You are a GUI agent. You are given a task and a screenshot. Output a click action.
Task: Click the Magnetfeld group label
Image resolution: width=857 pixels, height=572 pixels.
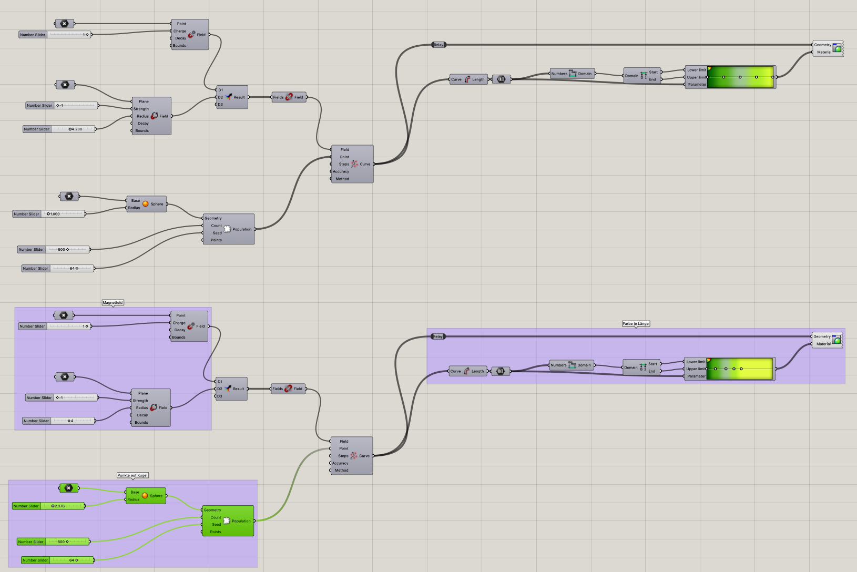[x=113, y=303]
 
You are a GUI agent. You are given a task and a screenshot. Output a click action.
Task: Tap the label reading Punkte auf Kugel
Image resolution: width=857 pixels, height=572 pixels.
[x=132, y=475]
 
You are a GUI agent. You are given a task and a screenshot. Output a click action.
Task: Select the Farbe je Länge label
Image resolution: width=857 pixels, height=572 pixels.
[x=636, y=324]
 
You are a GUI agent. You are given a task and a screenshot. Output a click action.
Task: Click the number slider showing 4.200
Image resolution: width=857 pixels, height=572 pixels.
[x=59, y=129]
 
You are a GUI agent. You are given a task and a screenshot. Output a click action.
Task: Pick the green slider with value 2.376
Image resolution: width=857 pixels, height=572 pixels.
[x=48, y=506]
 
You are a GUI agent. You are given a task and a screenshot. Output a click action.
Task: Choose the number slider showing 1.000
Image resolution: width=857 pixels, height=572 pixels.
[x=49, y=214]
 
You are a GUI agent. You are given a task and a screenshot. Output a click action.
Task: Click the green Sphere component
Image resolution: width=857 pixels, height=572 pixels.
[x=146, y=496]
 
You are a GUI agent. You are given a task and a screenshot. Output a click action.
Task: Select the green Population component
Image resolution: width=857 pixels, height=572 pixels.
[x=228, y=521]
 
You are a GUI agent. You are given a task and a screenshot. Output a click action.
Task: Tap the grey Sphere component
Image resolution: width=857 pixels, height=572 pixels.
[x=147, y=204]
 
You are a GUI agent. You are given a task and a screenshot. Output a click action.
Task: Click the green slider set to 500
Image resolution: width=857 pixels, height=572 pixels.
[x=53, y=542]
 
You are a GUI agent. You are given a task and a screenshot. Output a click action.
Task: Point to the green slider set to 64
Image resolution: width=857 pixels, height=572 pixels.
[x=58, y=560]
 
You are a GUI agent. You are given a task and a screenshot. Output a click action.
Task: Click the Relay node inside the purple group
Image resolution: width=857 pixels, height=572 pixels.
[x=438, y=336]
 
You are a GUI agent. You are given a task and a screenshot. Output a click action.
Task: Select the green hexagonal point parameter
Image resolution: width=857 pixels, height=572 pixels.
[x=69, y=488]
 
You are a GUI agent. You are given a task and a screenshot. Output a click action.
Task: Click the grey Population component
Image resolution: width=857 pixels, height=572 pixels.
[x=229, y=229]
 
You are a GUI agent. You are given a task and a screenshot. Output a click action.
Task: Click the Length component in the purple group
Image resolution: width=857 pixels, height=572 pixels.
[x=467, y=371]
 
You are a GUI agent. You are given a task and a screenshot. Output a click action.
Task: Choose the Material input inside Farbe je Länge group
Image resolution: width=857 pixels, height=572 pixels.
[x=823, y=344]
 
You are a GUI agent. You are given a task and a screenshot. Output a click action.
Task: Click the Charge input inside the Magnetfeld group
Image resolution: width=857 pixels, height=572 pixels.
[x=179, y=323]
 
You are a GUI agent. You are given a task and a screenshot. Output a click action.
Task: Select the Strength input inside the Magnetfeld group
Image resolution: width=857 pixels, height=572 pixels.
[x=140, y=401]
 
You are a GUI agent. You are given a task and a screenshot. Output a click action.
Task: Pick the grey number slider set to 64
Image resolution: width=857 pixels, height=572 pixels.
[x=58, y=269]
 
